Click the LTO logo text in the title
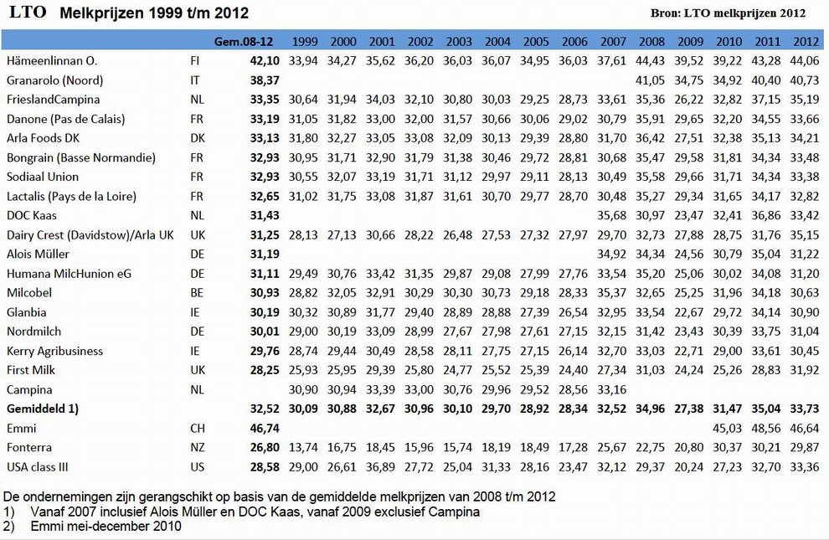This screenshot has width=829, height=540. (x=28, y=13)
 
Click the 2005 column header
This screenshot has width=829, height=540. (x=536, y=41)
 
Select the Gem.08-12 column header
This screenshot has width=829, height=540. (x=244, y=41)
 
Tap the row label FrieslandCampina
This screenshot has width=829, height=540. (x=53, y=100)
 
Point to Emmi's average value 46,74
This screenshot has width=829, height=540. (x=265, y=428)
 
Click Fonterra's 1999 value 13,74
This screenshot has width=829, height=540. (x=303, y=448)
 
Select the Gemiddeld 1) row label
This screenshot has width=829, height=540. (x=43, y=409)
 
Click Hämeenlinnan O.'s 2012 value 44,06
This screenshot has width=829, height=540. (x=804, y=61)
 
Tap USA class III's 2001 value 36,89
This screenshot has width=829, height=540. (x=380, y=467)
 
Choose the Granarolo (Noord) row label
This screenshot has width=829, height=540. (x=54, y=80)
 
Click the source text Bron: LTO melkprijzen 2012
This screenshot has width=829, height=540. (x=728, y=13)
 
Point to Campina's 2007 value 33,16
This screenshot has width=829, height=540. (x=612, y=389)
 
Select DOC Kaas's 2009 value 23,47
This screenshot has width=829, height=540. (x=688, y=215)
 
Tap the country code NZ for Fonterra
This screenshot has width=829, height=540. (x=198, y=448)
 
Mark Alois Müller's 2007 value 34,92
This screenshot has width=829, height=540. (x=612, y=255)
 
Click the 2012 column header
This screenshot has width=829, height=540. (x=806, y=41)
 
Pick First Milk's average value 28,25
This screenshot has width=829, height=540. (x=265, y=370)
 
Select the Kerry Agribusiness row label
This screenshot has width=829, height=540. (x=54, y=352)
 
